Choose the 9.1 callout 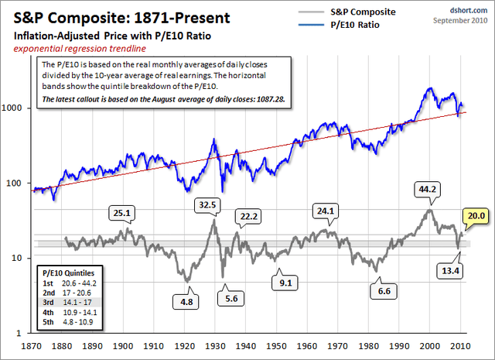point(286,282)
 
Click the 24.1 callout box point(323,209)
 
